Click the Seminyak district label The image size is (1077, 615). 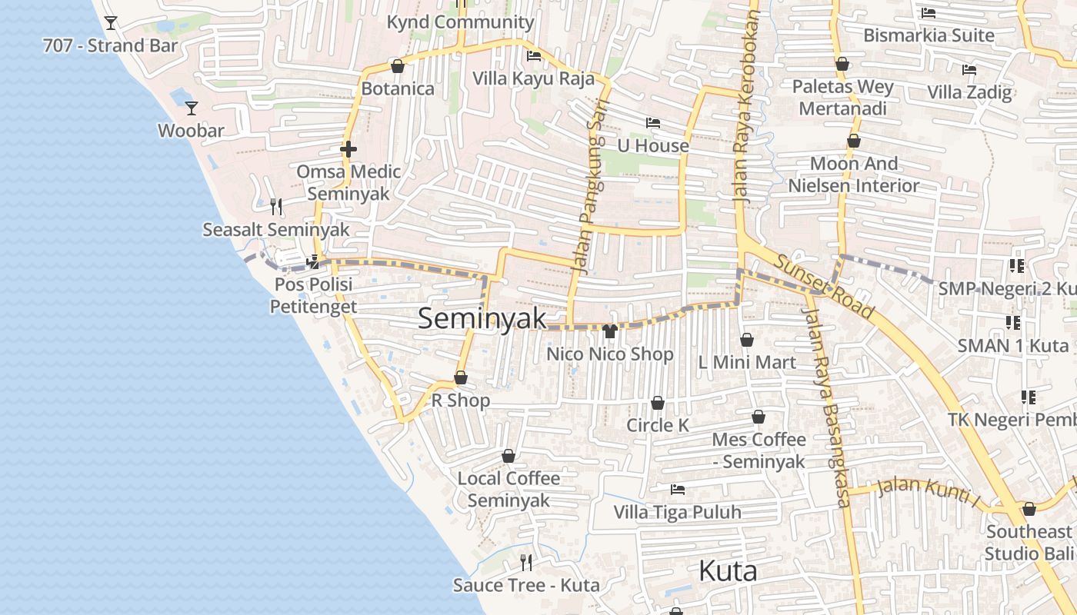tap(482, 319)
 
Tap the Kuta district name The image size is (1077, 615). tap(728, 571)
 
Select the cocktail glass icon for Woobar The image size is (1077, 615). tap(192, 108)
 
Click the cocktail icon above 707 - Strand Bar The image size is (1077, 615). tap(111, 23)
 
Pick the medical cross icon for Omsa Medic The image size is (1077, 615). tap(348, 149)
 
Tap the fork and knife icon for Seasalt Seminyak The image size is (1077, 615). tap(275, 207)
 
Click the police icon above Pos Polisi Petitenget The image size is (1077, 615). tap(313, 262)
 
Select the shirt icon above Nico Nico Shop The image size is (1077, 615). tap(610, 331)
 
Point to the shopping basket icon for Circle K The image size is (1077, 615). tap(658, 403)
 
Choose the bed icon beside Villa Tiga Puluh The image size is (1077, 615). tap(678, 489)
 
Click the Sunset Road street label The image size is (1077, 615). tap(824, 286)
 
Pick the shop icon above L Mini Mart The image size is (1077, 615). tap(746, 340)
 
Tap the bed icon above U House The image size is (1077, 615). tap(653, 123)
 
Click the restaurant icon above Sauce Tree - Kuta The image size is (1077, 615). tap(526, 563)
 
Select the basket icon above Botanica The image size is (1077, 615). tap(398, 67)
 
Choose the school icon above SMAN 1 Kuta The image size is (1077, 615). tap(1012, 323)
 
